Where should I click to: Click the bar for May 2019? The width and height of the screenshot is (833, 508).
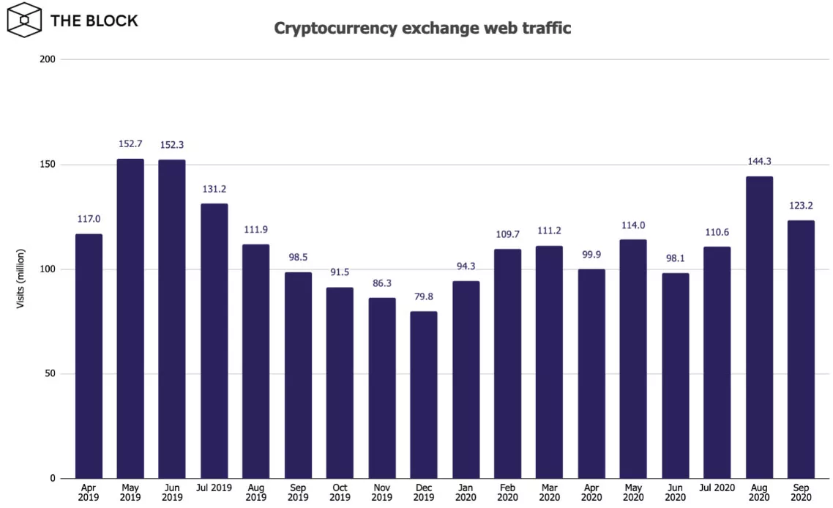pyautogui.click(x=130, y=318)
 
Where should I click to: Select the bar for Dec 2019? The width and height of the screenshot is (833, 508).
pyautogui.click(x=423, y=395)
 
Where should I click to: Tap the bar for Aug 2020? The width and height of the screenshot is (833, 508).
pyautogui.click(x=759, y=327)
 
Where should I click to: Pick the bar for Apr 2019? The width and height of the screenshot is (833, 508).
pyautogui.click(x=89, y=356)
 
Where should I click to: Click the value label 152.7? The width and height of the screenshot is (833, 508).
pyautogui.click(x=130, y=144)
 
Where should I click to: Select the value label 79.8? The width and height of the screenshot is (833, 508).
pyautogui.click(x=423, y=297)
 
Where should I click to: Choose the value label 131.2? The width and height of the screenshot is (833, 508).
pyautogui.click(x=214, y=189)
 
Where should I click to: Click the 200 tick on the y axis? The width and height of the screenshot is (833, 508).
pyautogui.click(x=48, y=59)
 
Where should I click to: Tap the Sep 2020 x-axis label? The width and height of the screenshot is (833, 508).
pyautogui.click(x=801, y=493)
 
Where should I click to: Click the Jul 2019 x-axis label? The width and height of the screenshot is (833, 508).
pyautogui.click(x=214, y=488)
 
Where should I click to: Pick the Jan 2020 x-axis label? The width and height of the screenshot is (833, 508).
pyautogui.click(x=466, y=493)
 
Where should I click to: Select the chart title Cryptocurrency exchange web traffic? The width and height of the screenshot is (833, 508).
pyautogui.click(x=422, y=29)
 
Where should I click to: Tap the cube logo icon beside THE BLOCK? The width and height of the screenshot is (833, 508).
pyautogui.click(x=24, y=20)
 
